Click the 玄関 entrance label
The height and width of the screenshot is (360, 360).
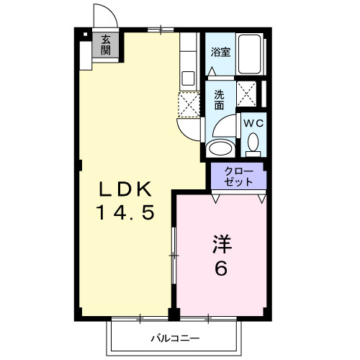click(x=106, y=45)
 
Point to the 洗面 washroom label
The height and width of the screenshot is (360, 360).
click(x=218, y=99)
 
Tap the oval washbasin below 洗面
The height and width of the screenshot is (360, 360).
click(x=219, y=148)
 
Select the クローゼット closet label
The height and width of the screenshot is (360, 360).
click(x=238, y=176)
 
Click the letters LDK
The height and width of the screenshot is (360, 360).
click(x=125, y=190)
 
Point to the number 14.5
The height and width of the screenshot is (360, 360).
click(x=125, y=214)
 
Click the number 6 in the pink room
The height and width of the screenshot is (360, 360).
click(x=220, y=269)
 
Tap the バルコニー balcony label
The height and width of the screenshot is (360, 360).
click(x=175, y=337)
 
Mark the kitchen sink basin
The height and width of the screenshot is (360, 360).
click(x=188, y=77)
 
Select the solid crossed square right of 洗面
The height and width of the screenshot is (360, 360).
click(x=249, y=94)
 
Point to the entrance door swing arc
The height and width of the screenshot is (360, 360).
click(x=102, y=16)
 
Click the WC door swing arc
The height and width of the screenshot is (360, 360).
click(x=228, y=130)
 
